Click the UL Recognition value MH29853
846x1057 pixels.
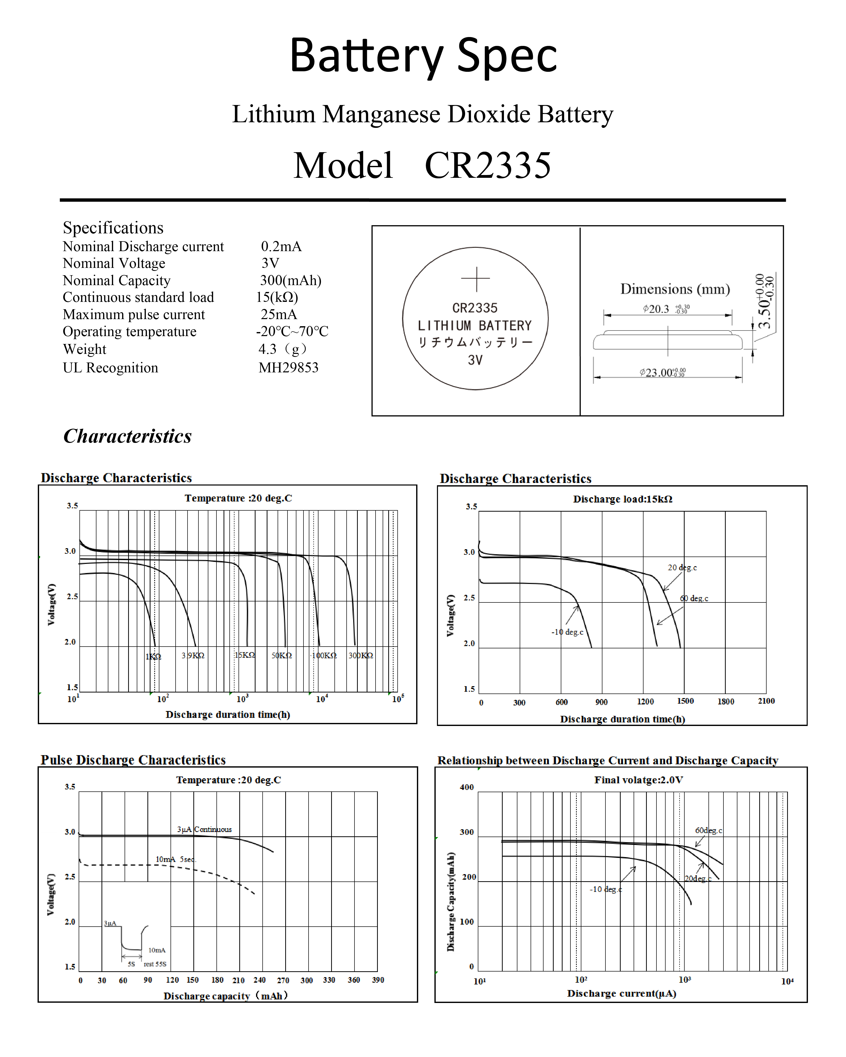click(x=288, y=368)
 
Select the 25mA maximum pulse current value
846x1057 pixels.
click(x=279, y=314)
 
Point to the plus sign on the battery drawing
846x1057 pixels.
click(x=475, y=279)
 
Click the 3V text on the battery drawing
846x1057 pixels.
click(x=475, y=360)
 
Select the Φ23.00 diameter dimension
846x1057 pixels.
click(x=662, y=373)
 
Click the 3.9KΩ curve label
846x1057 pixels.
click(x=193, y=655)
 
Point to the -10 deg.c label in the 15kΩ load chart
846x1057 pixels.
click(x=567, y=632)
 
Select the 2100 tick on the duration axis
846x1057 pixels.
click(x=766, y=701)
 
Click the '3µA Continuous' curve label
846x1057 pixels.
click(x=205, y=829)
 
